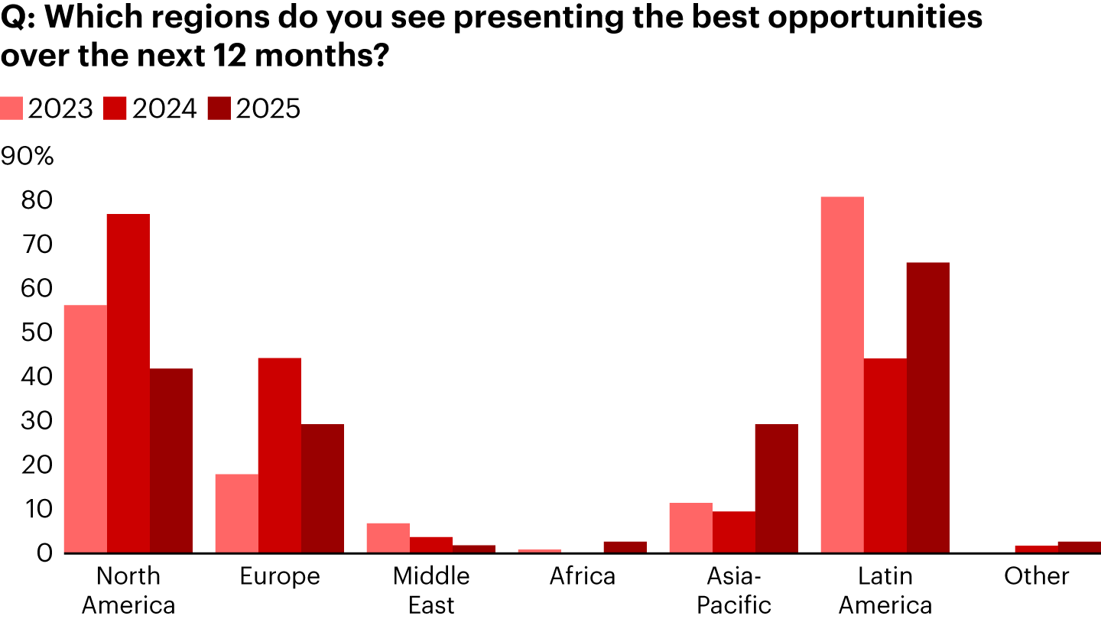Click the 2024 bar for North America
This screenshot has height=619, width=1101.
128,383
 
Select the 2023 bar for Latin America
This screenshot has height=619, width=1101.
843,374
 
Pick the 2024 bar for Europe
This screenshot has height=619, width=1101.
280,455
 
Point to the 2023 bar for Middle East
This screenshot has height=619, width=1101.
388,538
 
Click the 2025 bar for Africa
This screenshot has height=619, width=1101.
625,546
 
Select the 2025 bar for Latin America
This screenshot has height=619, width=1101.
928,407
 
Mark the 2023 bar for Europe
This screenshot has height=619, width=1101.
237,513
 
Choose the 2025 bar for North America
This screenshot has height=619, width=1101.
171,460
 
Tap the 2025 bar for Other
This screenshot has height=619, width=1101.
1080,546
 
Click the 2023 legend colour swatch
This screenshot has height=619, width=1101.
11,109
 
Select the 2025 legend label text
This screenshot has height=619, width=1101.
268,109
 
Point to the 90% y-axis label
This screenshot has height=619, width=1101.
28,156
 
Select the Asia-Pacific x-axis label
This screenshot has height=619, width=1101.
734,590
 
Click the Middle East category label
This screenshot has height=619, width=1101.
431,590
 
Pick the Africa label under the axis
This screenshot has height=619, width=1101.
583,575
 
